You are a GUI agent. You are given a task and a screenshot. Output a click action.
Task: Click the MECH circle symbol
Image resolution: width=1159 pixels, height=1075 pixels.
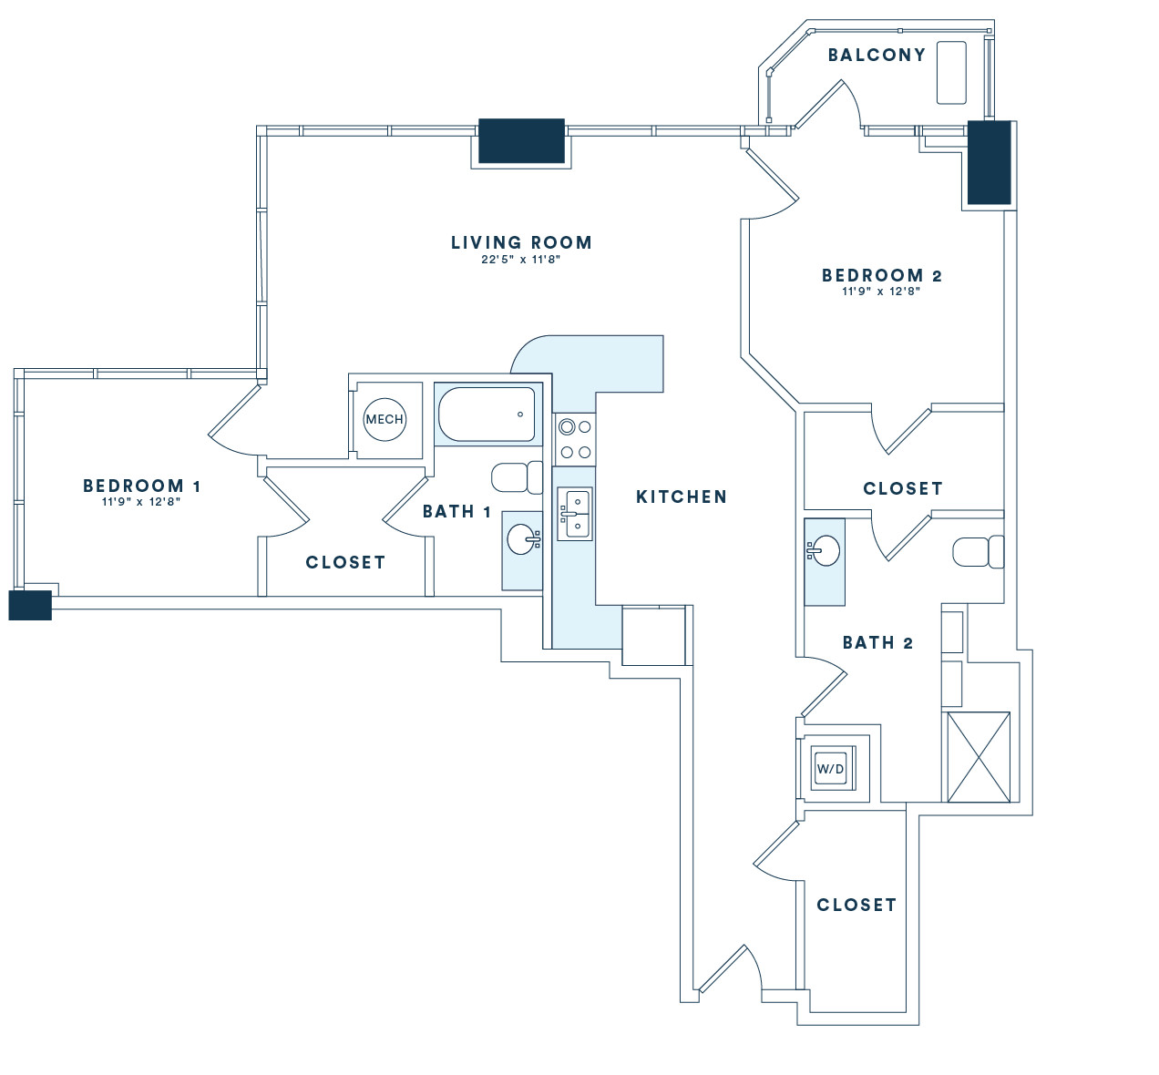385,419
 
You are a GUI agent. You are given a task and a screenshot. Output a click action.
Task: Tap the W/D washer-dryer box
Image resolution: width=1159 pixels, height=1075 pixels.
830,769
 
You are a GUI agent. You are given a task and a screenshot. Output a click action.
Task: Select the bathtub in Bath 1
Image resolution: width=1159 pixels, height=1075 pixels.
487,415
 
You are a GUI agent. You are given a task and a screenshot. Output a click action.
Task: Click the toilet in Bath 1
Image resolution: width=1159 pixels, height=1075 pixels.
517,478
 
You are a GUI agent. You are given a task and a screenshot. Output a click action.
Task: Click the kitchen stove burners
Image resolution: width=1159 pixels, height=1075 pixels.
575,439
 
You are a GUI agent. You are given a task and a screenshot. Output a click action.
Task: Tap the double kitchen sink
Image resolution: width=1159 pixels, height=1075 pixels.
575,514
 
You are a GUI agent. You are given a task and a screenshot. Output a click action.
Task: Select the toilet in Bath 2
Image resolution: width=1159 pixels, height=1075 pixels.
978,551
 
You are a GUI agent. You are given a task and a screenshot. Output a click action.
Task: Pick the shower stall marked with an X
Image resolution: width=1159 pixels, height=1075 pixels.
979,757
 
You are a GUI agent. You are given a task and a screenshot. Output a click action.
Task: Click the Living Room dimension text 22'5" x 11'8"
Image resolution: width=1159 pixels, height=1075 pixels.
520,260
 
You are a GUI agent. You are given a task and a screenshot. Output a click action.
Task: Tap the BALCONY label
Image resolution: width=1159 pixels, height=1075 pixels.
877,55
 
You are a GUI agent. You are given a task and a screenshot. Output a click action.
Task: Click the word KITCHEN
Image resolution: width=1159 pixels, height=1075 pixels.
682,497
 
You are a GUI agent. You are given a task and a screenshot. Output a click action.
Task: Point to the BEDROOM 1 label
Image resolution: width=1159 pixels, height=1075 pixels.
142,486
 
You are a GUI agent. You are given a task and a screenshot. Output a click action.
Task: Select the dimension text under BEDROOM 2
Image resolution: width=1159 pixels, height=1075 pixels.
881,292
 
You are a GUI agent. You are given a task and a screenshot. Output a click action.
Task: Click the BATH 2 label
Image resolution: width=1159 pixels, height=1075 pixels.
877,642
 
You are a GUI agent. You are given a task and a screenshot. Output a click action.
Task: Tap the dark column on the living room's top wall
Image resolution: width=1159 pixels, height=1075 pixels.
522,140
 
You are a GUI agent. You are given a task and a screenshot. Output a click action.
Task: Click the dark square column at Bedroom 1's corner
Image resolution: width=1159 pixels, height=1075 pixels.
30,605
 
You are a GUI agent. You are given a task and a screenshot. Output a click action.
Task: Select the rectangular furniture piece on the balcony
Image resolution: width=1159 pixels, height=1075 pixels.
951,72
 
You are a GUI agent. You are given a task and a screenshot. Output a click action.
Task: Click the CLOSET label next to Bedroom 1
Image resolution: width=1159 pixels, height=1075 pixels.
345,562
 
